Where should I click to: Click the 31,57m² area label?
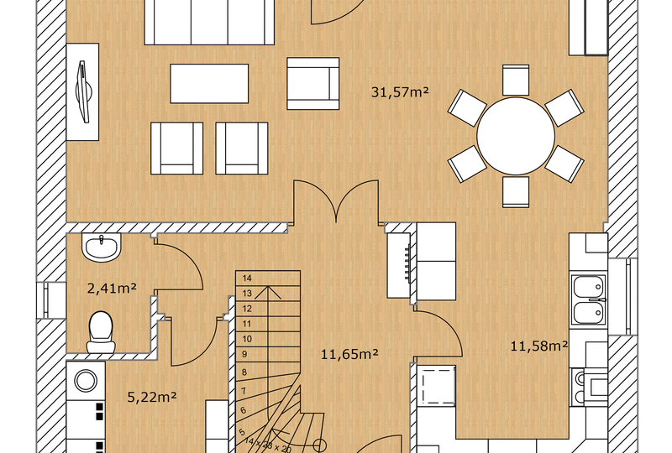pyautogui.click(x=400, y=92)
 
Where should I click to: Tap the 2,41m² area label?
pyautogui.click(x=112, y=289)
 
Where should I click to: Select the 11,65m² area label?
pyautogui.click(x=349, y=355)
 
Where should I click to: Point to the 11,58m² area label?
pyautogui.click(x=539, y=345)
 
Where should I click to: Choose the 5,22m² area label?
pyautogui.click(x=151, y=396)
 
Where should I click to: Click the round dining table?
pyautogui.click(x=516, y=136)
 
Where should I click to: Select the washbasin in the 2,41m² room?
pyautogui.click(x=102, y=247)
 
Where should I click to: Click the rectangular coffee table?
pyautogui.click(x=210, y=83)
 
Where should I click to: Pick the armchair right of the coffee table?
pyautogui.click(x=313, y=83)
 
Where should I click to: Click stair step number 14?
pyautogui.click(x=248, y=278)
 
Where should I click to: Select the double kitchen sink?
pyautogui.click(x=588, y=300)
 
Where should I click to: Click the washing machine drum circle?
pyautogui.click(x=86, y=379)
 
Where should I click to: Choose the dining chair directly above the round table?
pyautogui.click(x=516, y=81)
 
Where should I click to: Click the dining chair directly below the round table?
pyautogui.click(x=516, y=191)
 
